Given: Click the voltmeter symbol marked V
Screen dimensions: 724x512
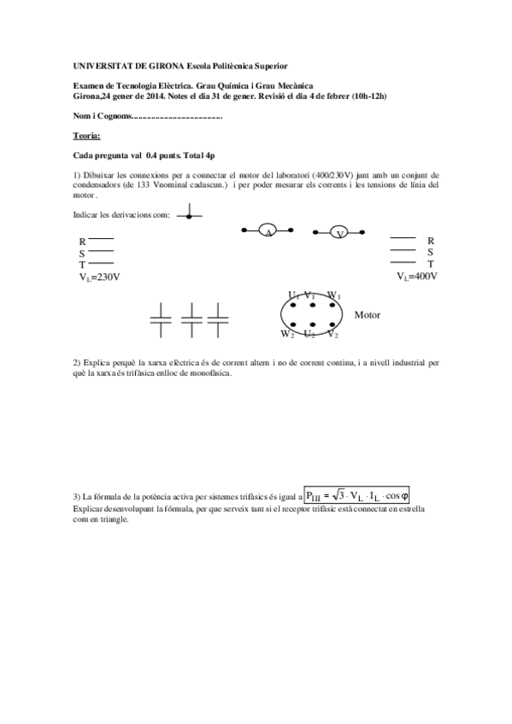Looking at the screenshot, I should [x=339, y=232].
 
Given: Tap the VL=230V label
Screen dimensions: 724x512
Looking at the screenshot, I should [x=98, y=277].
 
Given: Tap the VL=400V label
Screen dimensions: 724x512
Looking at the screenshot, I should [x=417, y=277].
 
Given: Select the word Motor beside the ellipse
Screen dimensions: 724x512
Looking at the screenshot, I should [x=367, y=315].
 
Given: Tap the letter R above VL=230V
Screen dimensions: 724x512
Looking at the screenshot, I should [x=82, y=242].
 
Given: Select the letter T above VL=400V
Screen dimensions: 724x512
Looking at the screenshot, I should [x=431, y=264].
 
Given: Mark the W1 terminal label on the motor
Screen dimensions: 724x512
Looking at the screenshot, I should [x=334, y=295].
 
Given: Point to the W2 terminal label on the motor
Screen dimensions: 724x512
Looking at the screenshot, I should [x=288, y=333].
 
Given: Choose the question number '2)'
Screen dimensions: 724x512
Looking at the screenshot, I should [x=77, y=363].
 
